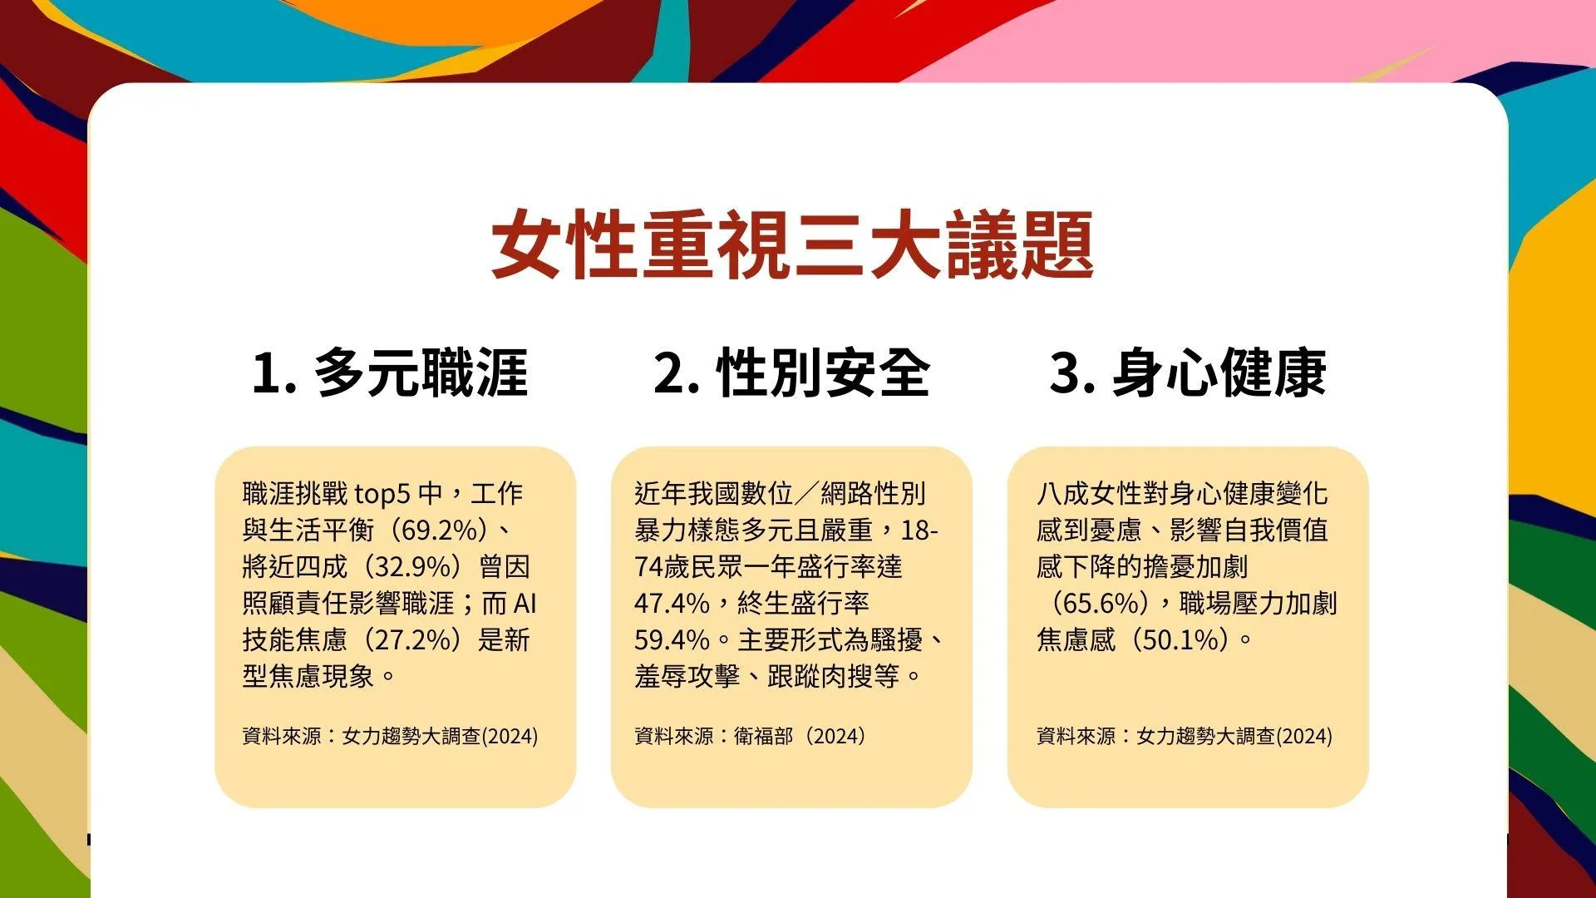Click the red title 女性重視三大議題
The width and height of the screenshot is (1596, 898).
pyautogui.click(x=791, y=244)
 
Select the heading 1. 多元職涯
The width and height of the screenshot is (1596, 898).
pyautogui.click(x=390, y=373)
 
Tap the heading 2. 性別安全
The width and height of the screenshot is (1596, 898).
pyautogui.click(x=791, y=373)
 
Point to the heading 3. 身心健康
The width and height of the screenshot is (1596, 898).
pyautogui.click(x=1188, y=373)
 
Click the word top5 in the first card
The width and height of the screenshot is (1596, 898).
pyautogui.click(x=382, y=494)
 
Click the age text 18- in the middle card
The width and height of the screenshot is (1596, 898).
pyautogui.click(x=919, y=530)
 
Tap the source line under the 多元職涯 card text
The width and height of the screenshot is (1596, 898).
pyautogui.click(x=390, y=736)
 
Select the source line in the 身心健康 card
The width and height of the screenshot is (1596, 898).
pyautogui.click(x=1185, y=736)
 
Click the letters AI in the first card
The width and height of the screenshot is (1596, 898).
pyautogui.click(x=525, y=603)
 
